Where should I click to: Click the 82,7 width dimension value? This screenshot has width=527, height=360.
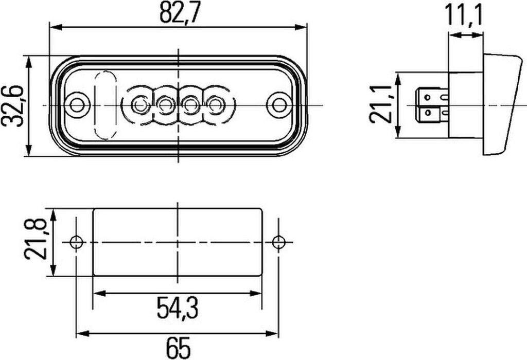click(x=180, y=12)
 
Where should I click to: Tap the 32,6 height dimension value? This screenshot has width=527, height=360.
click(x=12, y=106)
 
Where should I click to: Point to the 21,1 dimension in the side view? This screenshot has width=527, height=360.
click(x=381, y=104)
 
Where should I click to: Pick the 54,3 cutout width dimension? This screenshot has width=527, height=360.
click(x=178, y=309)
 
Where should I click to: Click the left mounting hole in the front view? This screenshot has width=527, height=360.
click(x=78, y=105)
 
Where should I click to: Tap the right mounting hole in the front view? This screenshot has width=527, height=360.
click(x=278, y=105)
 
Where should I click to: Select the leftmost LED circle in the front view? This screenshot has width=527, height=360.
click(x=138, y=105)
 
